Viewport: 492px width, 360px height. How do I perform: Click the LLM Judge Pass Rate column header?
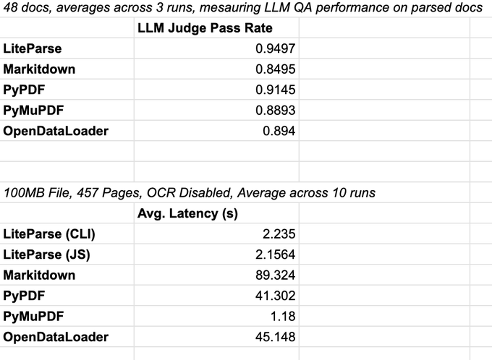point(205,28)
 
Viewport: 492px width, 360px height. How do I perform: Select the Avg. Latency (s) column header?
point(187,213)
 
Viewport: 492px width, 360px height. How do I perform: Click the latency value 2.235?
point(279,234)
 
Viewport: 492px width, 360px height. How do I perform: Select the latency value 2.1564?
point(272,254)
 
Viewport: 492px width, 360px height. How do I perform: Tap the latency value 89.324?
point(276,275)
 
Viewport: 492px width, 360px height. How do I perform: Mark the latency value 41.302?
point(276,296)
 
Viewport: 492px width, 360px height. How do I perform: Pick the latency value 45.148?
point(276,337)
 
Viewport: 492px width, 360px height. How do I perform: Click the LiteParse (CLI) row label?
point(49,234)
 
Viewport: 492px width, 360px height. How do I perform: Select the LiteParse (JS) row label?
point(47,254)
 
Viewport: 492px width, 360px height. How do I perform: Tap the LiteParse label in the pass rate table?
point(33,49)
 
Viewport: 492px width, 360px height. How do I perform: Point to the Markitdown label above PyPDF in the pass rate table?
point(39,69)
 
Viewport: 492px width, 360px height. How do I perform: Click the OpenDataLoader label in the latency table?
point(56,337)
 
